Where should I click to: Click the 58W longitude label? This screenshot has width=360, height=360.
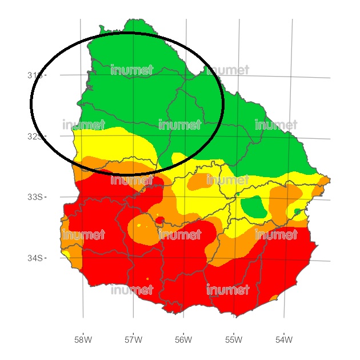tap(83, 340)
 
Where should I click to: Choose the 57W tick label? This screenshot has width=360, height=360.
tap(133, 340)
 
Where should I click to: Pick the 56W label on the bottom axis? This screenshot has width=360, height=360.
tap(183, 340)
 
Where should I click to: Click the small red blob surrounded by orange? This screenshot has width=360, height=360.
tap(159, 219)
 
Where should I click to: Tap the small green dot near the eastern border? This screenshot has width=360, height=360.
tap(297, 211)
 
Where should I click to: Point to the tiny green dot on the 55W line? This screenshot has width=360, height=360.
tap(238, 194)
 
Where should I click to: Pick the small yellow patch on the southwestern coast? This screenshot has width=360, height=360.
tap(66, 253)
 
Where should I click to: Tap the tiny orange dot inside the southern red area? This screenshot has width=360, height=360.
tap(147, 279)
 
